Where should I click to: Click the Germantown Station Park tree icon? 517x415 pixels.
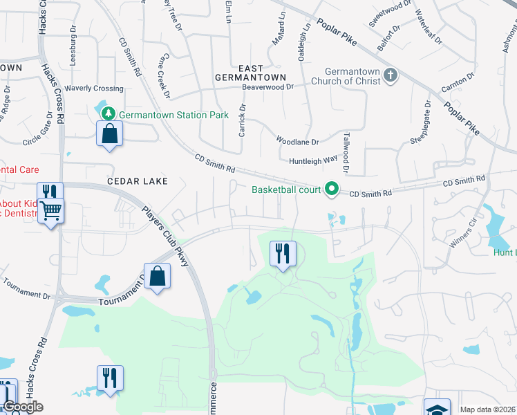(107, 114)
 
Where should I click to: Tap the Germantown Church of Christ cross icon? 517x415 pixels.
(391, 75)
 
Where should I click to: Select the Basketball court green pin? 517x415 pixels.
(332, 188)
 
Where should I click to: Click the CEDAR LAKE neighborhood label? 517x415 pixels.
(138, 181)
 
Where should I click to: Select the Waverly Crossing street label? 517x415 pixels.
(94, 89)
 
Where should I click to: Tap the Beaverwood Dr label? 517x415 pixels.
(267, 87)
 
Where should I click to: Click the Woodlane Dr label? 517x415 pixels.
(297, 141)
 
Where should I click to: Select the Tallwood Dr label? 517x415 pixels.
(346, 153)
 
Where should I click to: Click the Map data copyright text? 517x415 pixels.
(487, 409)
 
